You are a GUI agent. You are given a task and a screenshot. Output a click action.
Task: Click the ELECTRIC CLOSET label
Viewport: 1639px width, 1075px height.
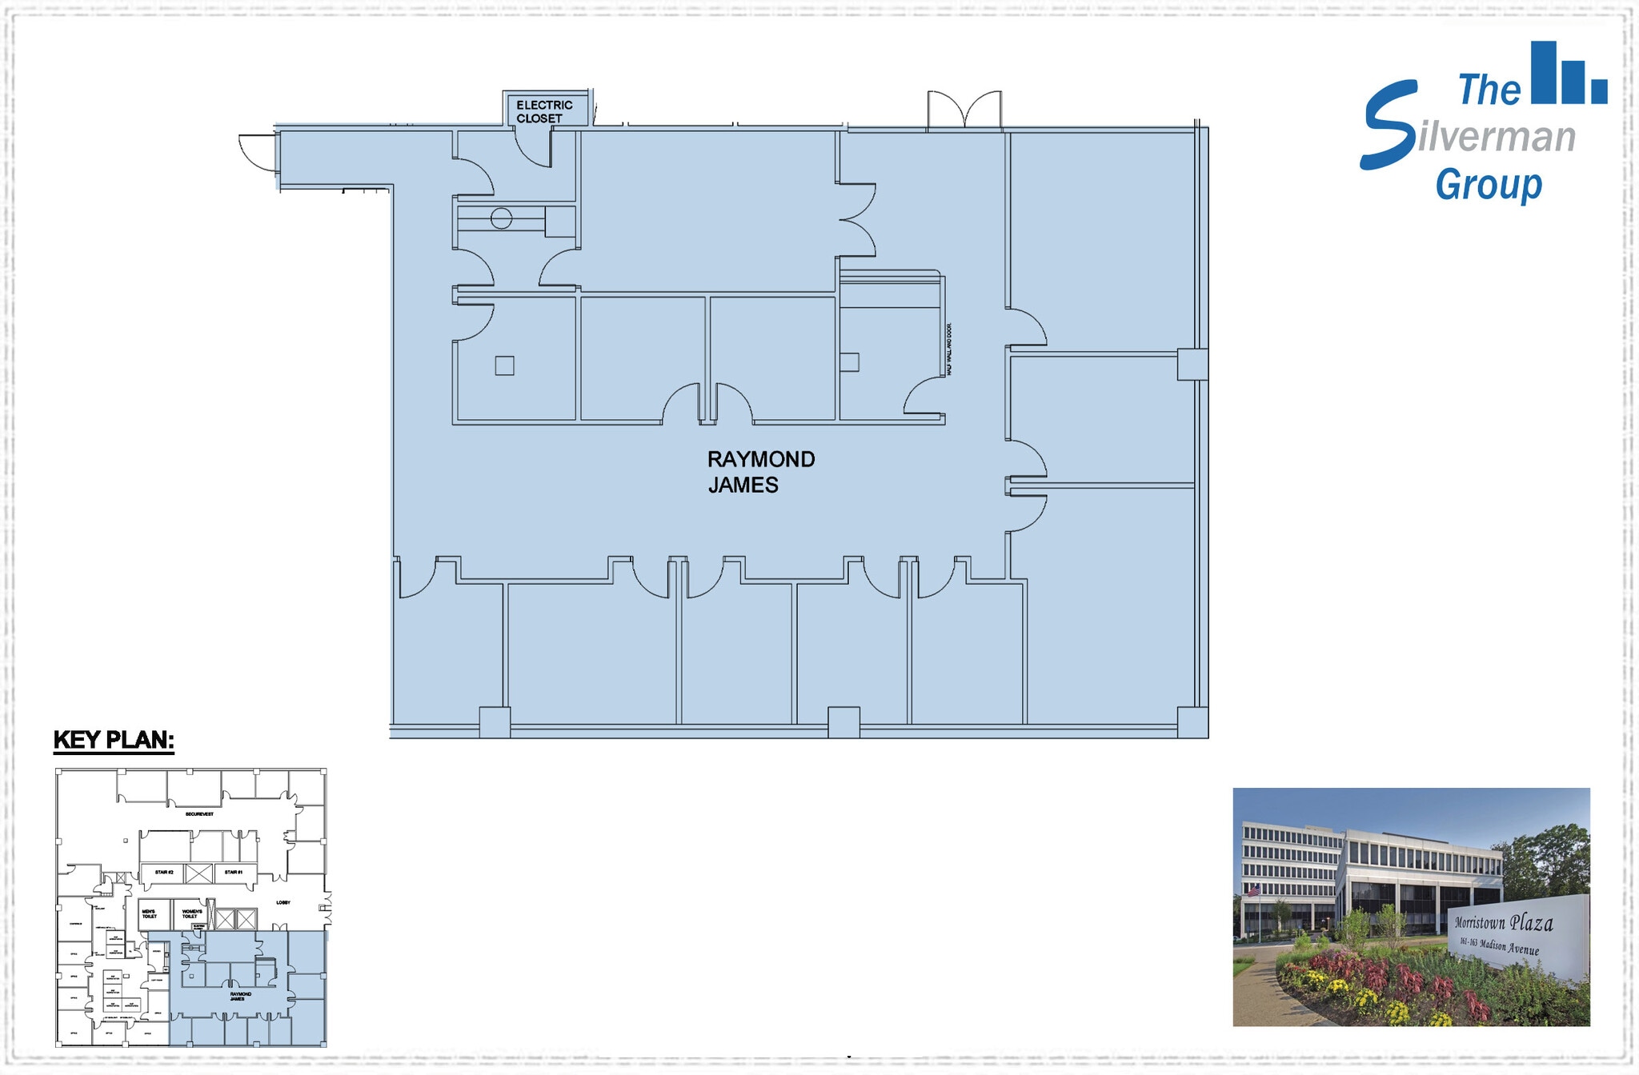pyautogui.click(x=544, y=111)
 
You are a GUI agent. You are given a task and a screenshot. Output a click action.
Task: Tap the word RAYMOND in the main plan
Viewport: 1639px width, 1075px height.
pyautogui.click(x=760, y=459)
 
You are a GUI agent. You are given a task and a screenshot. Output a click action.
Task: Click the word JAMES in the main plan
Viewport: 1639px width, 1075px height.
pyautogui.click(x=743, y=485)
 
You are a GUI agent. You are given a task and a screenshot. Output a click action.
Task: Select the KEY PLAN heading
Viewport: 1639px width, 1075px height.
pyautogui.click(x=114, y=740)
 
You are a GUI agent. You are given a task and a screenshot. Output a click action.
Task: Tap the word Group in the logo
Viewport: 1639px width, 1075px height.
pyautogui.click(x=1489, y=185)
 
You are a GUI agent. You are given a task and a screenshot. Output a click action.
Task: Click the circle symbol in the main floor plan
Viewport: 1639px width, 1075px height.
pyautogui.click(x=501, y=218)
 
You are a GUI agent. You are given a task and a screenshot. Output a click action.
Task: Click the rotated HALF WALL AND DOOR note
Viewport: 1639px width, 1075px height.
pyautogui.click(x=950, y=350)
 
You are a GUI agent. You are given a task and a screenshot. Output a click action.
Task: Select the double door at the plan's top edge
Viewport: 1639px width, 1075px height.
pyautogui.click(x=964, y=110)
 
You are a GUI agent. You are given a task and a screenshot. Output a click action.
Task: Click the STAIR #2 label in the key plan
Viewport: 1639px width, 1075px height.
pyautogui.click(x=164, y=872)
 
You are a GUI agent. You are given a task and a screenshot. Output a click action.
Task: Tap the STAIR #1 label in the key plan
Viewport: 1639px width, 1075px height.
pyautogui.click(x=233, y=872)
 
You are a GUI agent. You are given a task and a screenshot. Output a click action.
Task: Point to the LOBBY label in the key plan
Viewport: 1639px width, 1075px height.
pyautogui.click(x=283, y=902)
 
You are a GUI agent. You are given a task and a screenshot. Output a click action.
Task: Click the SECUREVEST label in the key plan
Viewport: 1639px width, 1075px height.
pyautogui.click(x=199, y=814)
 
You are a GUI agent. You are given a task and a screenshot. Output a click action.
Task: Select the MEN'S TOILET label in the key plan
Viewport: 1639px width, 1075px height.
pyautogui.click(x=149, y=913)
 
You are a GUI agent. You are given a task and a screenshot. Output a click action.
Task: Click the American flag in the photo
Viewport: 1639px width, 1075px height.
pyautogui.click(x=1253, y=890)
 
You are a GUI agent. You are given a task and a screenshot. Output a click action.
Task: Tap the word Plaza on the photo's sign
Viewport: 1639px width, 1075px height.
pyautogui.click(x=1531, y=923)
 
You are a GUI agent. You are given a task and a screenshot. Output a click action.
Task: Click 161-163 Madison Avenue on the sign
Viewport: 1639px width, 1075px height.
pyautogui.click(x=1498, y=946)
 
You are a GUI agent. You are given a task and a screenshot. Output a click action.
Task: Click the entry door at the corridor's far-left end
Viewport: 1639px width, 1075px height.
pyautogui.click(x=258, y=153)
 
